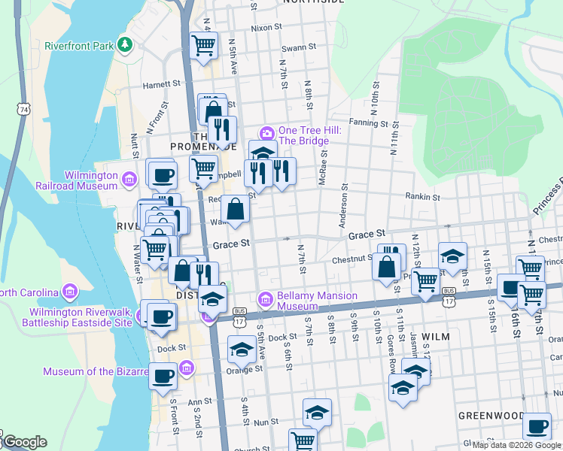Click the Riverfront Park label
click(x=78, y=46)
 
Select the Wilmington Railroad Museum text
click(x=78, y=180)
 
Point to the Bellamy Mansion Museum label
click(x=317, y=301)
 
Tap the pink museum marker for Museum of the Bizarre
click(x=187, y=368)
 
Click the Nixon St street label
click(x=266, y=27)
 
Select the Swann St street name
click(x=299, y=47)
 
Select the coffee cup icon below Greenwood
click(x=536, y=427)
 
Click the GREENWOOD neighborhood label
click(x=491, y=415)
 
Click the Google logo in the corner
click(x=24, y=443)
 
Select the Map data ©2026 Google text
click(x=516, y=446)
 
